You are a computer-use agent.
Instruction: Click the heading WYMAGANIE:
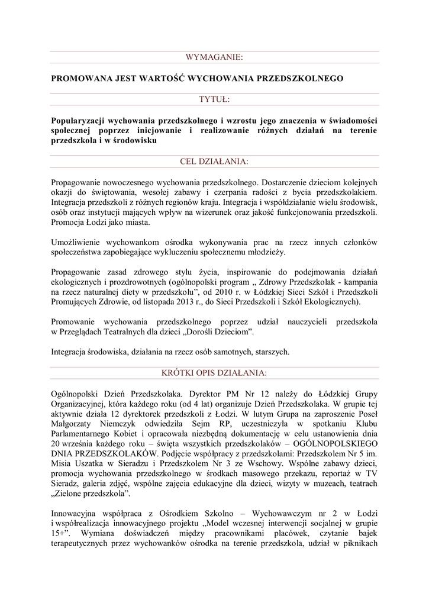tap(214, 57)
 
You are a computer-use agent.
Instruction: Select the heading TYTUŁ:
tap(214, 98)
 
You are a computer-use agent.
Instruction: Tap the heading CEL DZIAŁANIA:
tap(214, 161)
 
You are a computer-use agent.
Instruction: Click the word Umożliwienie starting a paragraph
tap(78, 243)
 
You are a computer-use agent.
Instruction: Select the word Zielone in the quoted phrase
tap(70, 494)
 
